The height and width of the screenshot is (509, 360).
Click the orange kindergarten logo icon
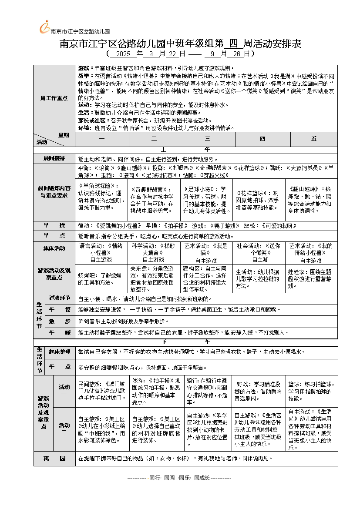44,27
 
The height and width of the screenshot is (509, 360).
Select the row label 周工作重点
54,98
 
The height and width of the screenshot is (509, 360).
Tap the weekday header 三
207,139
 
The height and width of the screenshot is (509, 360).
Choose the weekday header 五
314,139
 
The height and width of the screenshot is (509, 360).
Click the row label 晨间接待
54,158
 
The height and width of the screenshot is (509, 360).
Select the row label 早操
54,225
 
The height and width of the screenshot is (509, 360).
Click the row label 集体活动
54,248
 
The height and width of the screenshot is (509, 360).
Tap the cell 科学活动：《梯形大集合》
154,249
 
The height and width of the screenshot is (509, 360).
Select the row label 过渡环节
60,298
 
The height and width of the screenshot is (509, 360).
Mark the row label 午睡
60,332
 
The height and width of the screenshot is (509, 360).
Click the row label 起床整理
60,352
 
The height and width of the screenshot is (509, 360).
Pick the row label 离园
54,459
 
